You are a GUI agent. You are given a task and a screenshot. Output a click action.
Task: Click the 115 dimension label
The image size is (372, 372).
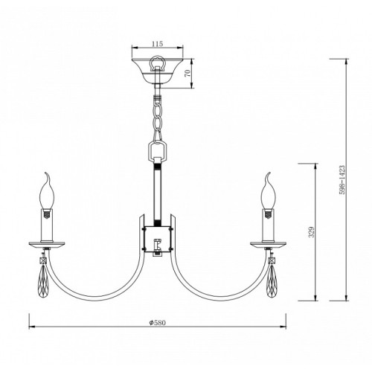pyautogui.click(x=158, y=44)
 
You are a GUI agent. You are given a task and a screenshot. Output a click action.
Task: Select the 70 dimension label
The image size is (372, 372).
pyautogui.click(x=187, y=73)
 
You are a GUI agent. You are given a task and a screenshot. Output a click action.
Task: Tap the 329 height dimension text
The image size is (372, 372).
pyautogui.click(x=312, y=231)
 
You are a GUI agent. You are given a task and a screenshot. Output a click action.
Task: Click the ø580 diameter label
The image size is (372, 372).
pyautogui.click(x=157, y=323)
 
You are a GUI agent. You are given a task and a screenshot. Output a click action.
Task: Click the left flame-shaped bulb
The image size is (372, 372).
pyautogui.click(x=47, y=190)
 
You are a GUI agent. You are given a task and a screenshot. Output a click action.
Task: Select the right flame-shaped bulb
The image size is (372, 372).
pyautogui.click(x=268, y=190)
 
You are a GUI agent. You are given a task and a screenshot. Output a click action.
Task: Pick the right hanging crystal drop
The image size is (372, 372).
pyautogui.click(x=272, y=281)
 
